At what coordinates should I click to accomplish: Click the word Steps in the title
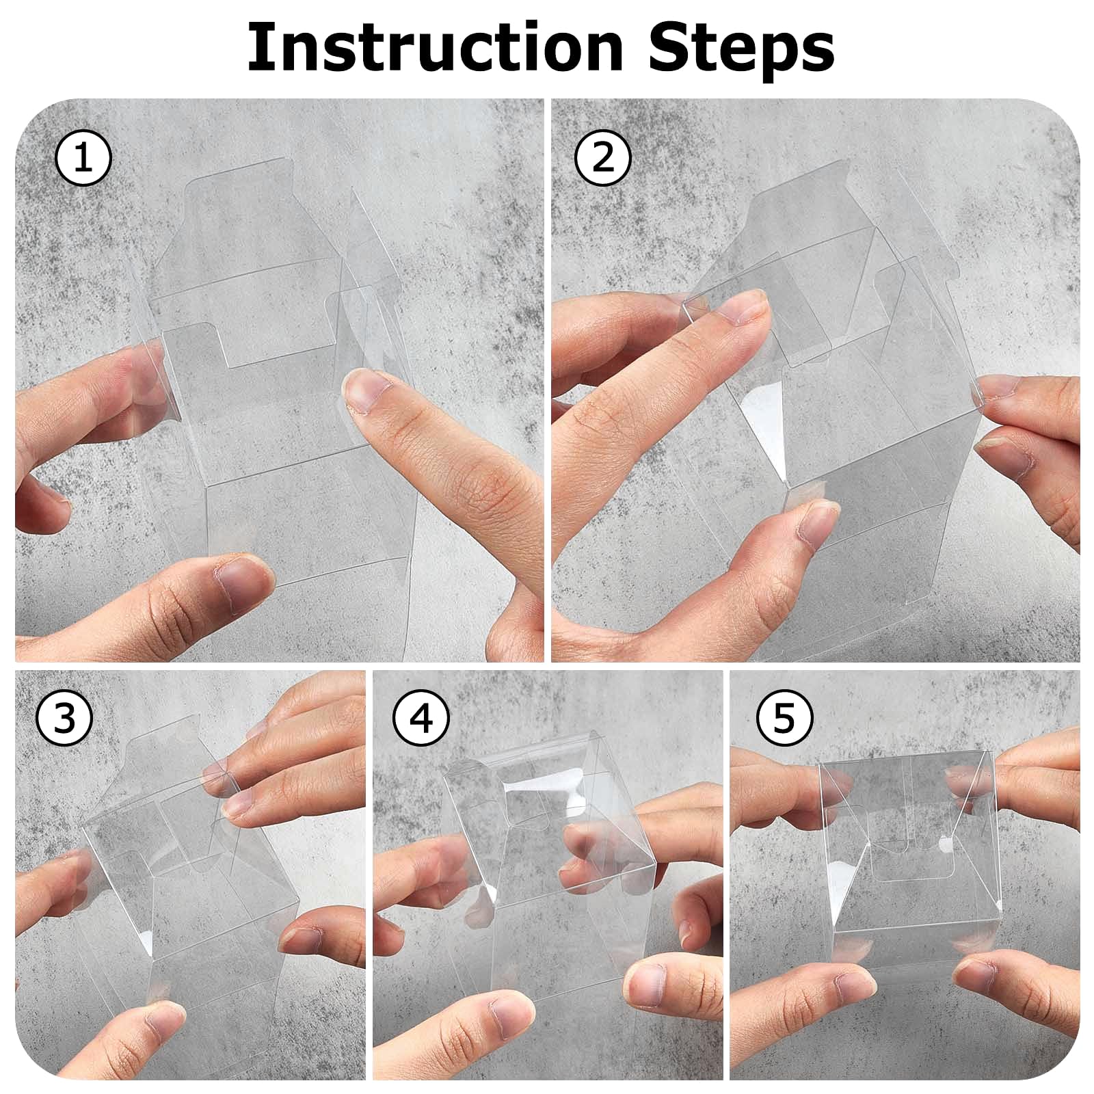741,49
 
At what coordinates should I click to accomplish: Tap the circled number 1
83,159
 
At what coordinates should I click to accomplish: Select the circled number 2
602,158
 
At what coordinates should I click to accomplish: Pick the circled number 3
65,719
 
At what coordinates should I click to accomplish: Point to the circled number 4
422,719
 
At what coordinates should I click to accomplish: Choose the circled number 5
784,719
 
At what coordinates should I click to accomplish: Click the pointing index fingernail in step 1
368,390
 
